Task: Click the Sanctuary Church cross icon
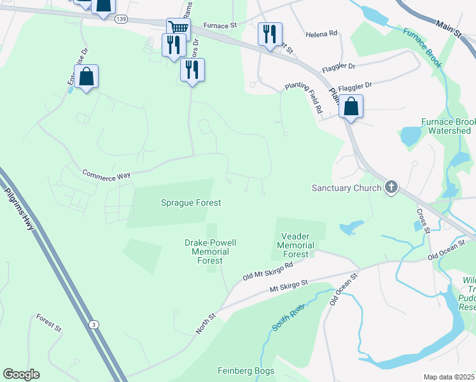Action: pyautogui.click(x=391, y=187)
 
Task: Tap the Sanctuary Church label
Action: pyautogui.click(x=346, y=188)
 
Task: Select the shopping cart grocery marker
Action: pyautogui.click(x=179, y=28)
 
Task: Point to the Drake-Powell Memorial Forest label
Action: pyautogui.click(x=210, y=251)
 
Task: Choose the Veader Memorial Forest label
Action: pyautogui.click(x=296, y=245)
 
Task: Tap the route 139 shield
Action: pyautogui.click(x=121, y=20)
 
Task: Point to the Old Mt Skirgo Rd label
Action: pyautogui.click(x=267, y=272)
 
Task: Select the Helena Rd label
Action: pyautogui.click(x=321, y=33)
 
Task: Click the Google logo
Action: pyautogui.click(x=21, y=374)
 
